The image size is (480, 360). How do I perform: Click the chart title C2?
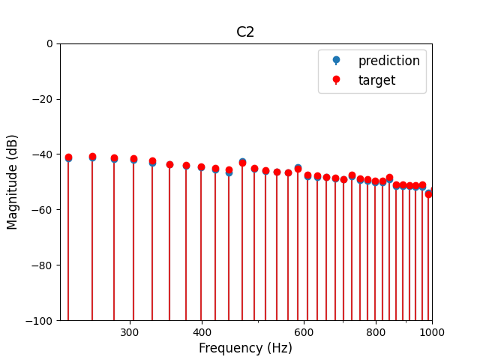click(x=245, y=32)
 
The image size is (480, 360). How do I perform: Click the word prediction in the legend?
click(x=388, y=61)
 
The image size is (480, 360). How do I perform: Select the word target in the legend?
click(x=376, y=80)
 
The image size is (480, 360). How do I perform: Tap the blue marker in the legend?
click(x=336, y=61)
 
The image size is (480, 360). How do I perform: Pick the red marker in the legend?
click(x=336, y=79)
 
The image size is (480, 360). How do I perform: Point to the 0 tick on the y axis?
click(x=49, y=43)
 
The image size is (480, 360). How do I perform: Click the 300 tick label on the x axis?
click(x=130, y=332)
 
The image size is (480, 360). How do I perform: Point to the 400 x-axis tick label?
click(x=202, y=332)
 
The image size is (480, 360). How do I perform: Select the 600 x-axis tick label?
click(x=304, y=332)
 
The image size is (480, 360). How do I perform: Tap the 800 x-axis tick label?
click(x=376, y=332)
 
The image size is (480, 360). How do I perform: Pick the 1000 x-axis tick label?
click(x=432, y=332)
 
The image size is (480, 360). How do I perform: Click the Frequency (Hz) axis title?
click(x=245, y=348)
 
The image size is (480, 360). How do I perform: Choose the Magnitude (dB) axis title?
click(x=13, y=182)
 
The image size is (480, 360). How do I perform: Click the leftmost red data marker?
click(x=68, y=157)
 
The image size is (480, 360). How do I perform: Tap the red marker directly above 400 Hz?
click(x=201, y=167)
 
